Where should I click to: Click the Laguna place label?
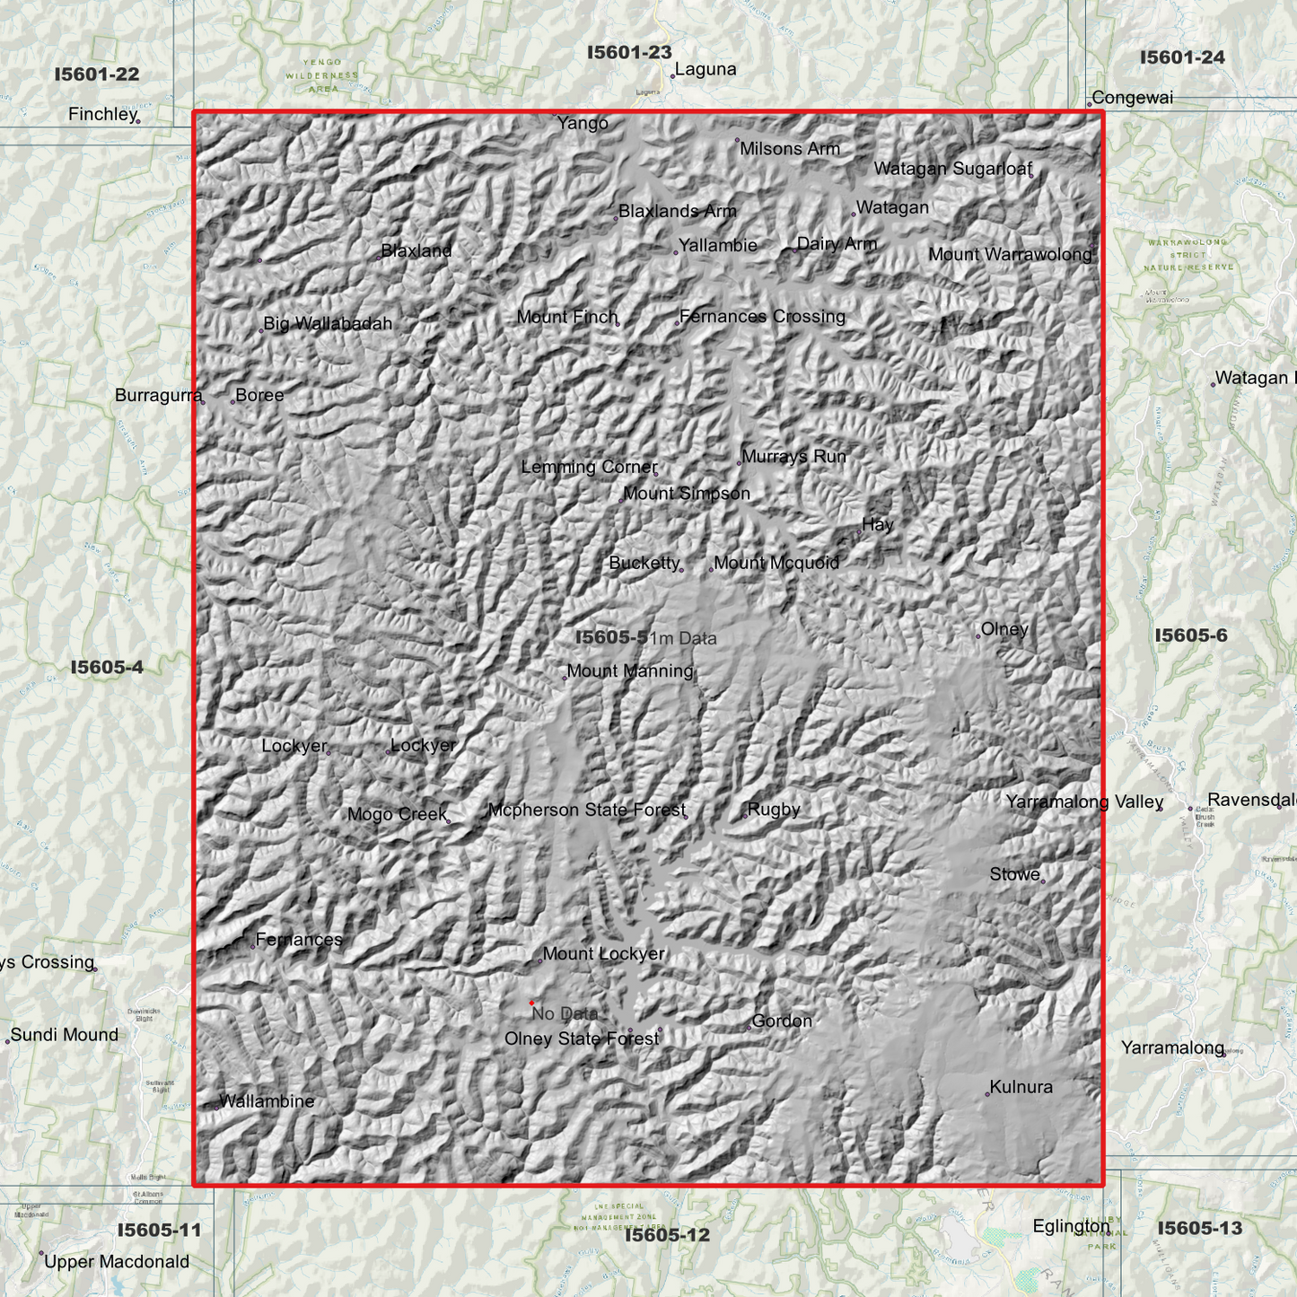705,70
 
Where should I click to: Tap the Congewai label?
1132,98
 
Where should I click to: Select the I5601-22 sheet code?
97,74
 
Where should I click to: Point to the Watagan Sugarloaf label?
952,169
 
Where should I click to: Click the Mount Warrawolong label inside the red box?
1010,255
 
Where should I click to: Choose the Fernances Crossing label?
762,317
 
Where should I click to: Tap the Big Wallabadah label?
328,324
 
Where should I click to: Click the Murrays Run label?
793,457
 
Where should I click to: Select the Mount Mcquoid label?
776,564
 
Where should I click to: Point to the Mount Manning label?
630,671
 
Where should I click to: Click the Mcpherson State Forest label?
587,811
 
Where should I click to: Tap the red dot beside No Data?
532,1003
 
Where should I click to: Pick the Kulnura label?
1021,1088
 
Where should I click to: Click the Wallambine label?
267,1102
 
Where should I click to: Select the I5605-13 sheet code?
1199,1229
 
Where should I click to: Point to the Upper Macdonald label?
117,1262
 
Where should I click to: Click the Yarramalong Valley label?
1084,802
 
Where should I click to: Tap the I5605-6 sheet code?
1190,636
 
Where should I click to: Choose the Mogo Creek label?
397,815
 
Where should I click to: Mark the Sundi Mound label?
65,1036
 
